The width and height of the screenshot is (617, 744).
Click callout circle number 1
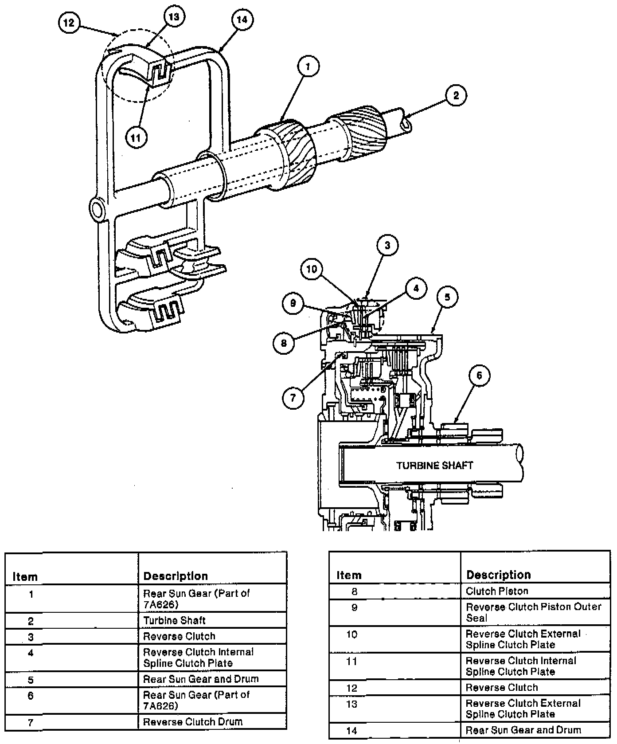[308, 67]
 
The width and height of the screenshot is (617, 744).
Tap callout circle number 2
[456, 95]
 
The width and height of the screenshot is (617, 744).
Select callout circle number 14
[242, 20]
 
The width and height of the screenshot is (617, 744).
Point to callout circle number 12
[69, 23]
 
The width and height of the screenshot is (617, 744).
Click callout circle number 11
[136, 137]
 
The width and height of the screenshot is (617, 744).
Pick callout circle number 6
[479, 376]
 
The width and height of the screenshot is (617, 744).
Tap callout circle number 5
[447, 297]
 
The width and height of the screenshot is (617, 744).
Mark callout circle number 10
[312, 269]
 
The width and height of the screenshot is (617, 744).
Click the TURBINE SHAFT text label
[434, 466]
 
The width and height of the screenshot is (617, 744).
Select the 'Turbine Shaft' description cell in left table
[174, 620]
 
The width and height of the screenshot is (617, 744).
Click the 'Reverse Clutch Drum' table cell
[192, 722]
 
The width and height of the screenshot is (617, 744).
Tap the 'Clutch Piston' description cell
[497, 591]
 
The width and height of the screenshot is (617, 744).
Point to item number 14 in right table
[351, 730]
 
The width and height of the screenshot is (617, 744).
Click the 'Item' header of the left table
[25, 577]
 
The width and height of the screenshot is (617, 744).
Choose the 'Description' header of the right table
[499, 575]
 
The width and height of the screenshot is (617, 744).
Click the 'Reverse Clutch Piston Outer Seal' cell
[534, 612]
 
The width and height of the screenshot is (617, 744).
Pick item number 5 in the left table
[31, 680]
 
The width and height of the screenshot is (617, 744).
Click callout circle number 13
[174, 17]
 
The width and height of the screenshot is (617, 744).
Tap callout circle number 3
[387, 245]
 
